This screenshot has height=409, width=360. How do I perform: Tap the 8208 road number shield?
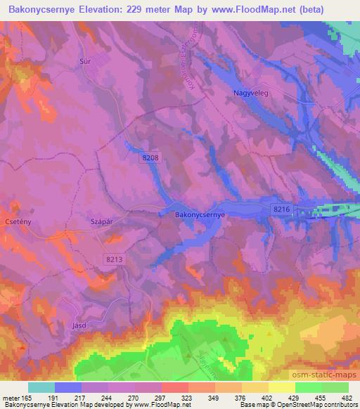150,160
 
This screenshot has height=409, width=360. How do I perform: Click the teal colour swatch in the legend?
41,387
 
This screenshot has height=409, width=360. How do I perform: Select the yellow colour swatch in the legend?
282,387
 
